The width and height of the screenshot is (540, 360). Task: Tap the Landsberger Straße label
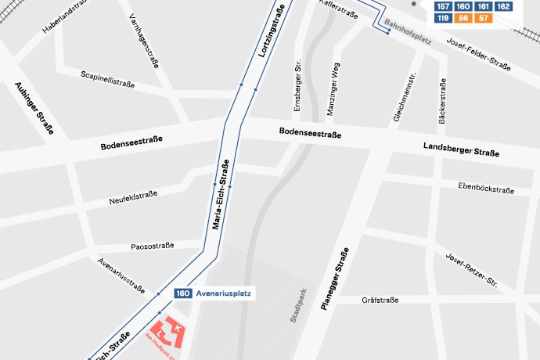click(461, 150)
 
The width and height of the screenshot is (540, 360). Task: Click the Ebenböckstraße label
click(486, 189)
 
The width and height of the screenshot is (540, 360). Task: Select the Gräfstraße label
click(380, 301)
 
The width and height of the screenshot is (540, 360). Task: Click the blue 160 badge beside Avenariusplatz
click(182, 293)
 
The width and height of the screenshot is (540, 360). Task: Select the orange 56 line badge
click(463, 18)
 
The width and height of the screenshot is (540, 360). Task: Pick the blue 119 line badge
click(443, 18)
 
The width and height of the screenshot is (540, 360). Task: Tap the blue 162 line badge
click(504, 6)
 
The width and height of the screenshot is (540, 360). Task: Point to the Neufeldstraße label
click(133, 198)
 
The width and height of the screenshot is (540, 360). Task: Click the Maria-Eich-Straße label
click(221, 196)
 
